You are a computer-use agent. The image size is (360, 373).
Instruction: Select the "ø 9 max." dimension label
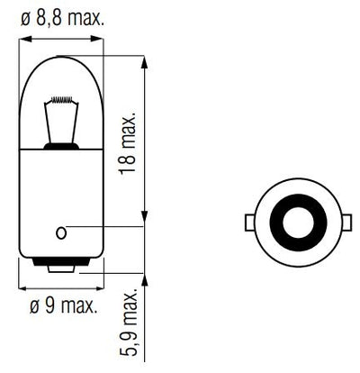click(62, 307)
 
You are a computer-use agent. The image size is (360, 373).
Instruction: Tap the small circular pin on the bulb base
click(61, 233)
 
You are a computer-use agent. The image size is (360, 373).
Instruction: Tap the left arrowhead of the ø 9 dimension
click(22, 287)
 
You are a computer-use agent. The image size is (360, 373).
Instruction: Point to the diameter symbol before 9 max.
click(33, 307)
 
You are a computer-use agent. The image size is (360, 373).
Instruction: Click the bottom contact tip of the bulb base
click(61, 268)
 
